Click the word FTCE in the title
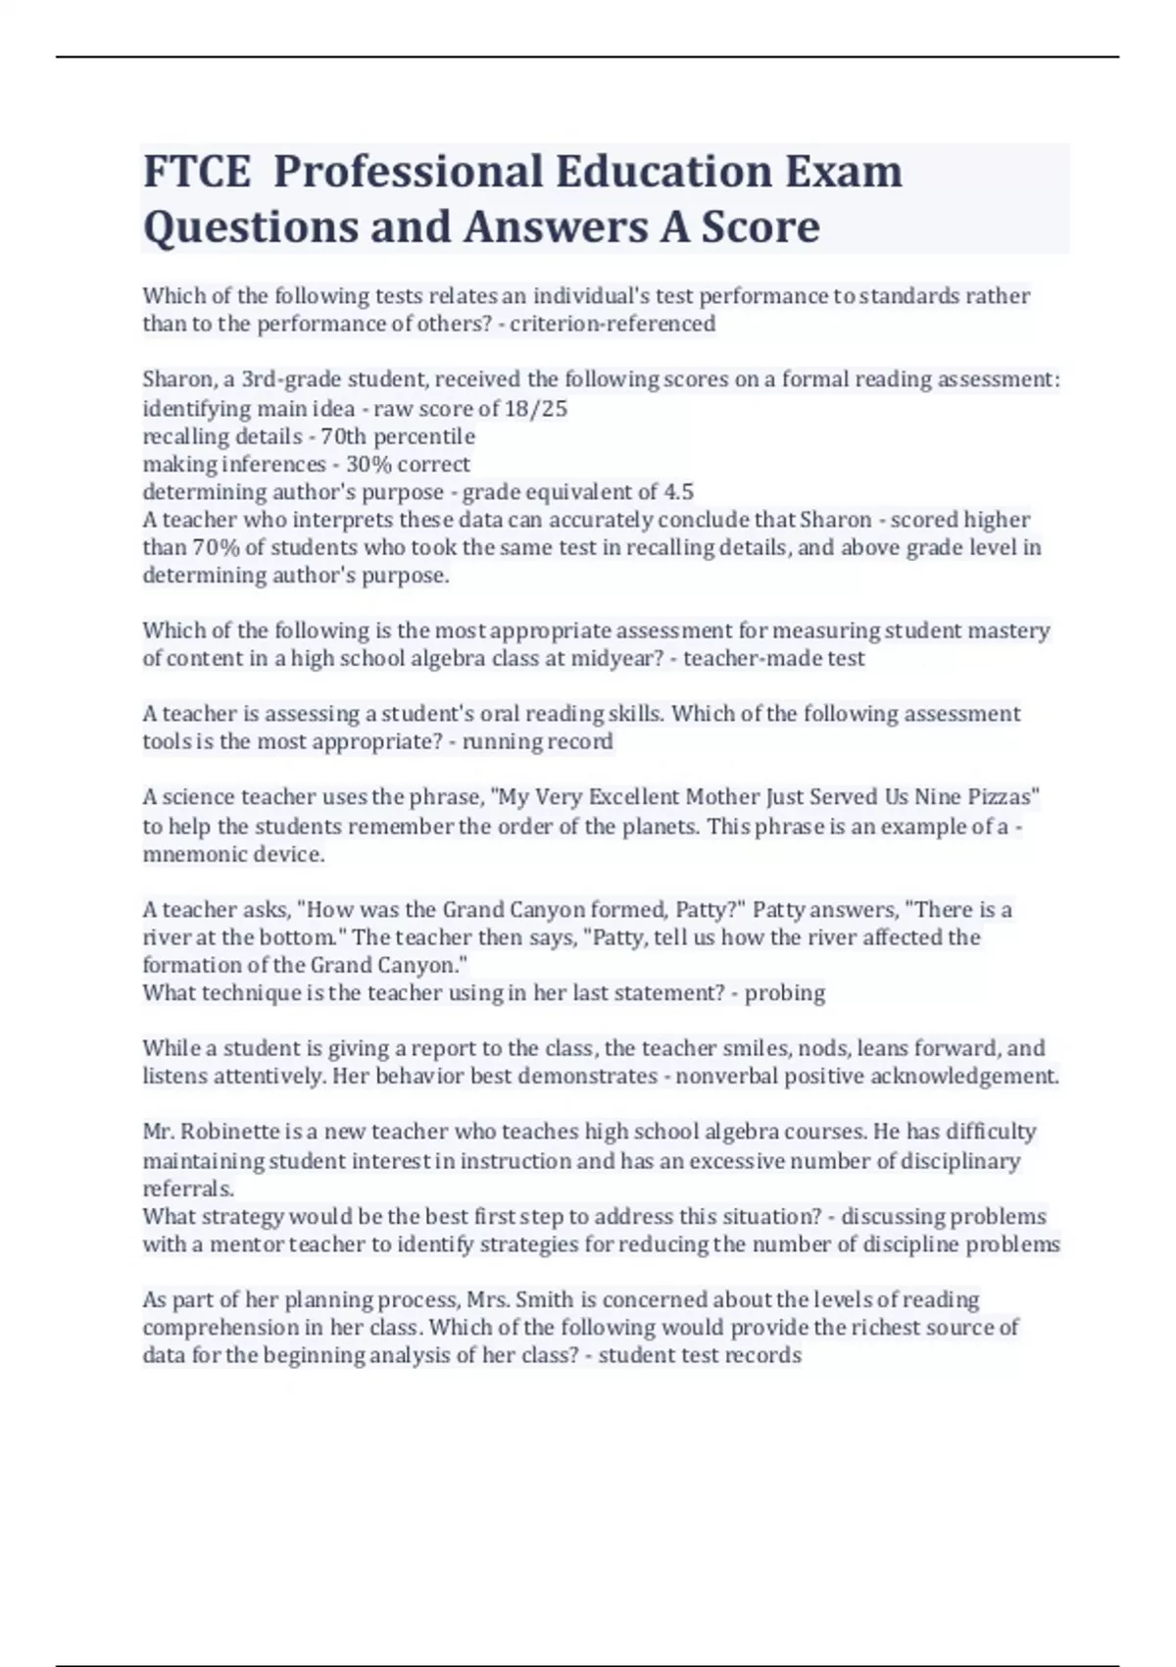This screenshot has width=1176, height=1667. point(197,172)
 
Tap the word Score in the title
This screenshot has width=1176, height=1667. point(754,227)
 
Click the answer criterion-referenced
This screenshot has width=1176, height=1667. point(612,325)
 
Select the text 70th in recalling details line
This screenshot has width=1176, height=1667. point(344,436)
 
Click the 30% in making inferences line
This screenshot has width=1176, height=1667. point(367,464)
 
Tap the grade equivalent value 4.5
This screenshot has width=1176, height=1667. point(679,491)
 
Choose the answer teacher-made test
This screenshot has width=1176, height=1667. point(773,658)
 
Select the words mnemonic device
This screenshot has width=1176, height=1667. point(232,854)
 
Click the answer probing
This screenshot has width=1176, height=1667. point(785,993)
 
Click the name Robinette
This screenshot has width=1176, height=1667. point(231,1132)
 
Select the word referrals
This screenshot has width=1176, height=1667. point(188,1188)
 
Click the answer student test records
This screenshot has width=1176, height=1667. point(700,1356)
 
